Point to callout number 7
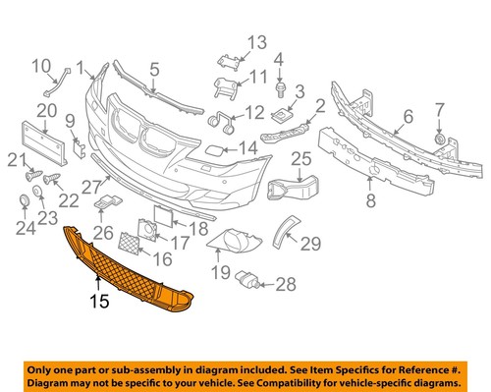pyautogui.click(x=439, y=109)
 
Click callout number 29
pyautogui.click(x=311, y=242)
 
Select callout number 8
pyautogui.click(x=369, y=202)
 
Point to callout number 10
pyautogui.click(x=42, y=67)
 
